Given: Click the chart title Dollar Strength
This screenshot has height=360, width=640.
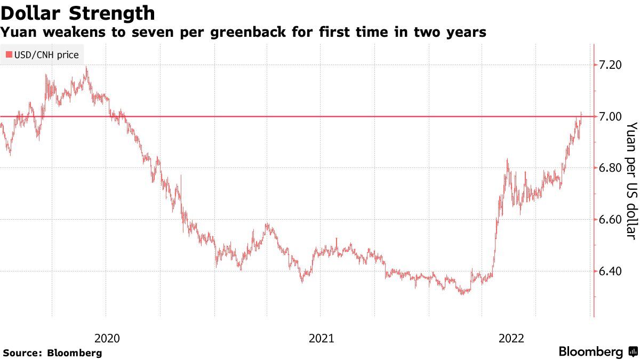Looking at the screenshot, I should [78, 12].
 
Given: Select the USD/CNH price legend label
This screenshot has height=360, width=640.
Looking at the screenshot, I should [45, 54].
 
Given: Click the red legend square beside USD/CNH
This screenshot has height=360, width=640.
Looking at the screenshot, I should [9, 54].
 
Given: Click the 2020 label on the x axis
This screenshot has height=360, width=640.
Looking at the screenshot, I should [107, 338].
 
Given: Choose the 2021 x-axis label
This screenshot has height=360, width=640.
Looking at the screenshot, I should [322, 338].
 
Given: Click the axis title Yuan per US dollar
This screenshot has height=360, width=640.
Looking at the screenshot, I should [631, 180].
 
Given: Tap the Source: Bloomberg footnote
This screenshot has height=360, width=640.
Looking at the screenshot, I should [52, 353].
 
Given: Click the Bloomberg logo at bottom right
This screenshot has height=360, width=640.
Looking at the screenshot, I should [597, 351].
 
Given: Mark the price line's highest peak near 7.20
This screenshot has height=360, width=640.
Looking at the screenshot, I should [86, 68].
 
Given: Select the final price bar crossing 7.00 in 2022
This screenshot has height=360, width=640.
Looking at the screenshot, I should [581, 115].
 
